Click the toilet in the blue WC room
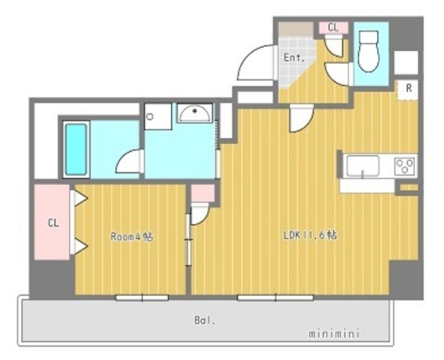click(368, 51)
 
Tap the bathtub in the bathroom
click(76, 149)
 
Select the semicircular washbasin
click(195, 113)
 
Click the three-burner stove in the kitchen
click(406, 166)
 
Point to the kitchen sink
click(362, 166)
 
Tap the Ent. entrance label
click(294, 59)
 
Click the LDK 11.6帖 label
click(311, 236)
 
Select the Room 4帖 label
click(132, 236)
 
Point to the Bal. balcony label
click(204, 321)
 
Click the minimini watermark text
click(334, 333)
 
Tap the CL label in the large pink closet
click(53, 223)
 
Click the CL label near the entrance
click(333, 27)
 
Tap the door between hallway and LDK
click(301, 118)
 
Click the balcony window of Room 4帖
click(142, 298)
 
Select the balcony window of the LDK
click(275, 298)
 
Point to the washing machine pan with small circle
click(158, 117)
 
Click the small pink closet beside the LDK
click(202, 193)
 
